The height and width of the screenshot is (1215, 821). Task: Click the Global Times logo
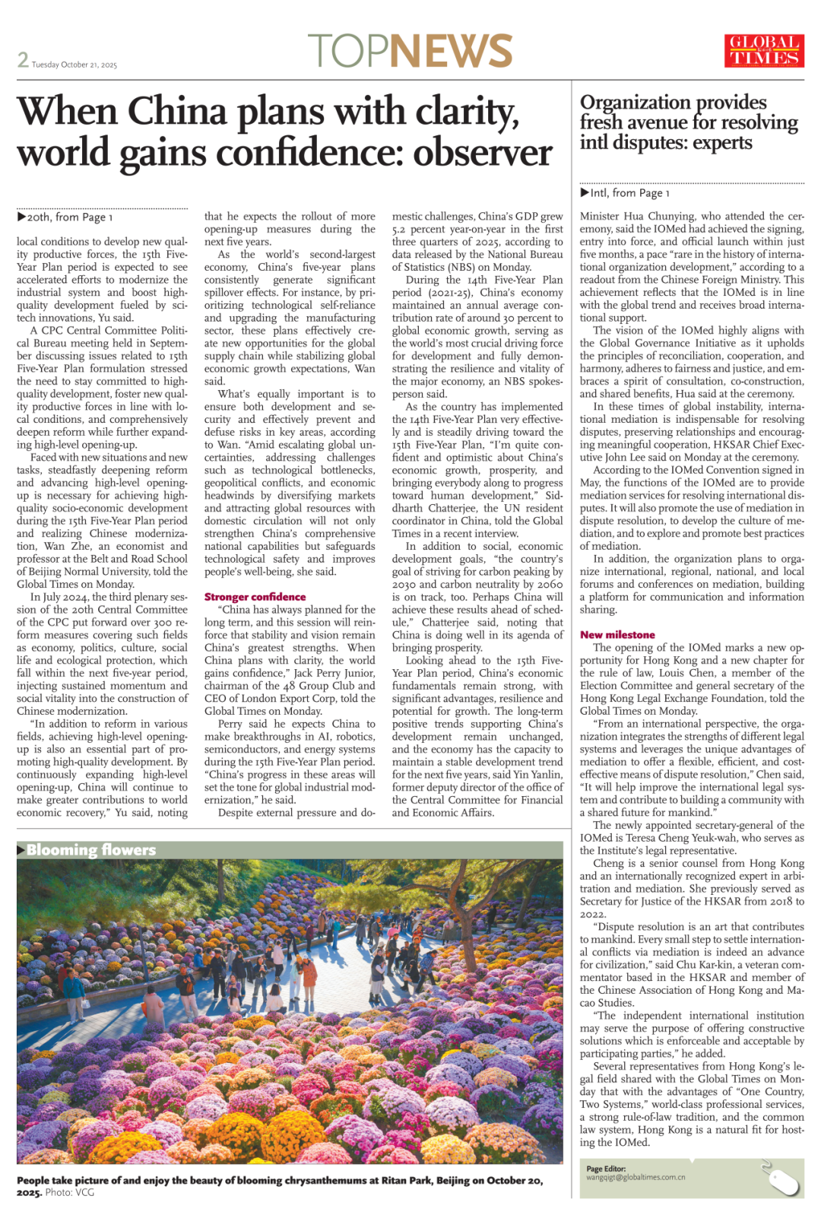tap(764, 51)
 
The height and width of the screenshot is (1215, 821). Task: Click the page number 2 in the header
tap(23, 59)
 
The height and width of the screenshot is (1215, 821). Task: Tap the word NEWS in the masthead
tap(452, 51)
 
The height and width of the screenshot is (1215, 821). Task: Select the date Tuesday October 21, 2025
tap(74, 65)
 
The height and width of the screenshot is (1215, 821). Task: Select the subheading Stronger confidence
tap(255, 597)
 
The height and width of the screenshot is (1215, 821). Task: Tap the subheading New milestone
tap(617, 635)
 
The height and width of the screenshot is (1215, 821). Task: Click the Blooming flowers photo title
tap(90, 850)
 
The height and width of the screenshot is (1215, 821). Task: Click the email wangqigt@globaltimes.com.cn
tap(636, 1178)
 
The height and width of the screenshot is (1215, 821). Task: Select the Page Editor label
tap(606, 1169)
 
